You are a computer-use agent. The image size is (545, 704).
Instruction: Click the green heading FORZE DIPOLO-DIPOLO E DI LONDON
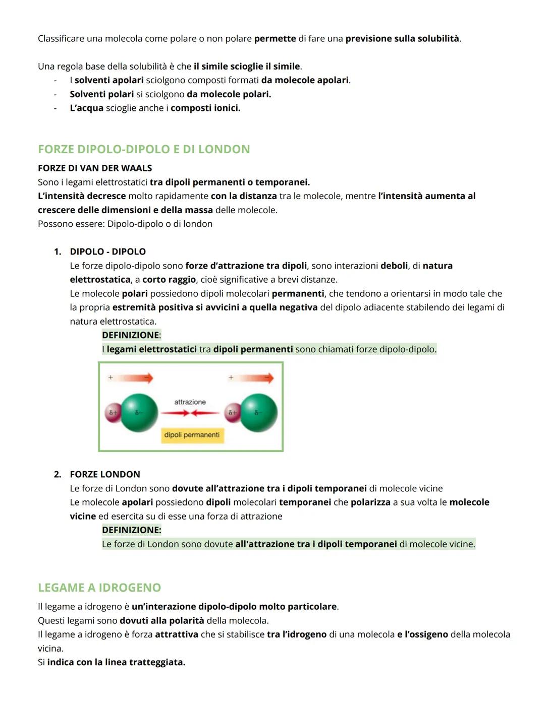point(144,149)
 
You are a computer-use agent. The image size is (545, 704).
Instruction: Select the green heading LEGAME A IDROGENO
point(99,588)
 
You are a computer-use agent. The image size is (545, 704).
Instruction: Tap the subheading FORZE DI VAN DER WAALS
point(95,168)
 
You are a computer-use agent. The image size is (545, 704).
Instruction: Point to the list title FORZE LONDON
point(105,474)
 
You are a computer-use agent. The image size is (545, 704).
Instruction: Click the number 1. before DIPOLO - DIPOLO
point(58,251)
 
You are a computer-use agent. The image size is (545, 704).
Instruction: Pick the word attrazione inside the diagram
point(190,402)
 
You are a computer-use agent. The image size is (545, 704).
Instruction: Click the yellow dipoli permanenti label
point(192,435)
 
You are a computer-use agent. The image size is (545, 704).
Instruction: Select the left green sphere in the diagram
point(139,413)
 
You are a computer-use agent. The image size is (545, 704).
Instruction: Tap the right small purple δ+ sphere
point(233,412)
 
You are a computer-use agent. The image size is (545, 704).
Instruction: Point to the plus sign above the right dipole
point(231,377)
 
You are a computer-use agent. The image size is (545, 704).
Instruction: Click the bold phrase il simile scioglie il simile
point(247,67)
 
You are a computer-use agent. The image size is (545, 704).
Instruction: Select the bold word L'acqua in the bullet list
point(86,108)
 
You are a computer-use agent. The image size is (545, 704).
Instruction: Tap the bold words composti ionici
point(205,108)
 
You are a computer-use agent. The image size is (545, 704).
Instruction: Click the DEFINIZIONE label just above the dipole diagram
point(131,335)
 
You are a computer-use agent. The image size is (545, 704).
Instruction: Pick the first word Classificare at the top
point(61,39)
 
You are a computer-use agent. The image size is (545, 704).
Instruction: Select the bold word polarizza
point(370,502)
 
